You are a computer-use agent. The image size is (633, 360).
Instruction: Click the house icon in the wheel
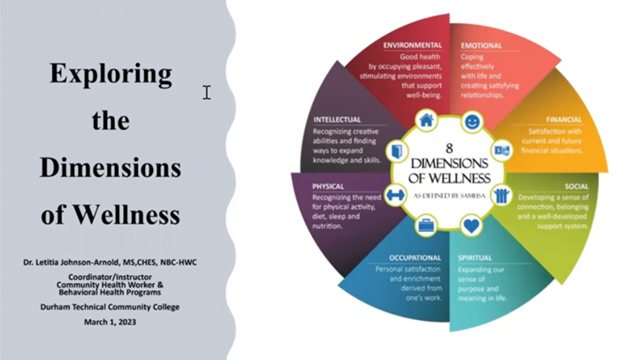pos(427,120)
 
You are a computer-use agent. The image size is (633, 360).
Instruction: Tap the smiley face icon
pos(472,120)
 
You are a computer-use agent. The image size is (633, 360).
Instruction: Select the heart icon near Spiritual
pos(472,226)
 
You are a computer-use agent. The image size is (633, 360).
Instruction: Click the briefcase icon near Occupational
pos(427,226)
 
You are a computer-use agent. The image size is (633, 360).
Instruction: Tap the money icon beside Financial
pos(502,151)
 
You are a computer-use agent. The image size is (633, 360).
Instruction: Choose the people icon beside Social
pos(502,195)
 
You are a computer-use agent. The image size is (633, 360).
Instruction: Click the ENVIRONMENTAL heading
pos(412,45)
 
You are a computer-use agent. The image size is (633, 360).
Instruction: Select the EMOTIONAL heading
pos(481,45)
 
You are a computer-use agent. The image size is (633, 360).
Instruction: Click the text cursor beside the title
pos(207,92)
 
